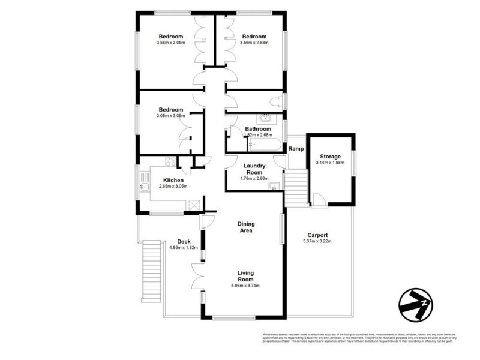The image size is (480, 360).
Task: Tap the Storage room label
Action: (x=329, y=157)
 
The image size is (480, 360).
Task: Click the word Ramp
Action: (x=295, y=149)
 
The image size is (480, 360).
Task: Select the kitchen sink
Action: (x=143, y=190)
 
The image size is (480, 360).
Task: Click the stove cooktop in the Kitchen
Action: (x=169, y=161)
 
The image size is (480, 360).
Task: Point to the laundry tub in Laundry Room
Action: (x=275, y=185)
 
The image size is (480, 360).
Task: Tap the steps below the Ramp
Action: (x=296, y=187)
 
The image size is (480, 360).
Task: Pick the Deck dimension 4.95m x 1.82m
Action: (x=184, y=247)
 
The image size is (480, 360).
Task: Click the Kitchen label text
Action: (x=173, y=180)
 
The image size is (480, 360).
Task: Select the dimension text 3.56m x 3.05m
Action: (x=170, y=43)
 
